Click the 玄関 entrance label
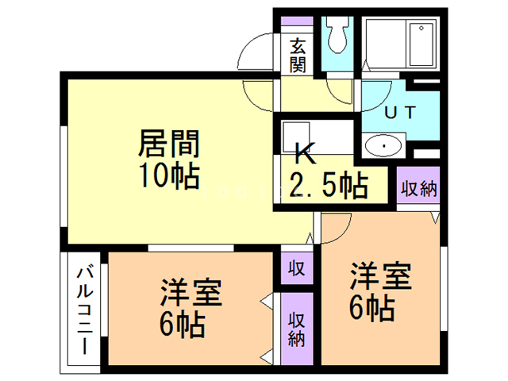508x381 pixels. pyautogui.click(x=298, y=55)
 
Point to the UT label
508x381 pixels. pyautogui.click(x=398, y=112)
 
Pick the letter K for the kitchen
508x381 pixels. pyautogui.click(x=302, y=151)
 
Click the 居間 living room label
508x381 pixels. pyautogui.click(x=168, y=145)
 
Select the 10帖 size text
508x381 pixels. pyautogui.click(x=168, y=175)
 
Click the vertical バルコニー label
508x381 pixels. pyautogui.click(x=83, y=310)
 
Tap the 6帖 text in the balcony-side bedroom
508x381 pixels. pyautogui.click(x=181, y=325)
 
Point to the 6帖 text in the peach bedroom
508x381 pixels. pyautogui.click(x=372, y=308)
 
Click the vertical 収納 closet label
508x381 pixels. pyautogui.click(x=297, y=329)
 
